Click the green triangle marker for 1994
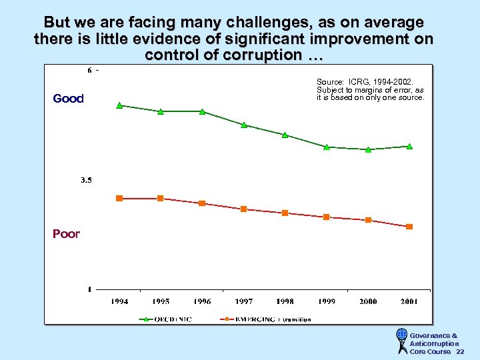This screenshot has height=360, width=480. click(119, 105)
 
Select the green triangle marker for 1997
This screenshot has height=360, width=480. click(244, 125)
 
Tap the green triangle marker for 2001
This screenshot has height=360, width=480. click(409, 146)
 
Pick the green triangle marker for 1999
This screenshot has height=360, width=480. click(327, 147)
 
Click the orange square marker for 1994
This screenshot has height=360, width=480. click(119, 198)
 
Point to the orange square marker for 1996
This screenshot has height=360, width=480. click(202, 203)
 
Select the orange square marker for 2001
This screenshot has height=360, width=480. click(409, 227)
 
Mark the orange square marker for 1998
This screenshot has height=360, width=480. click(285, 213)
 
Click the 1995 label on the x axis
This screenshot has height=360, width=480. click(161, 301)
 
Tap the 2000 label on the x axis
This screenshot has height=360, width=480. click(368, 301)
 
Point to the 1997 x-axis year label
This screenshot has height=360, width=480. click(243, 301)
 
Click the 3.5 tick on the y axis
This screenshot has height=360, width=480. click(87, 180)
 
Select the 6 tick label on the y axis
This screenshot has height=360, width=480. click(89, 70)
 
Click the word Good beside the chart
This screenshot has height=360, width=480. click(68, 99)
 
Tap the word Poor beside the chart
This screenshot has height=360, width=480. click(66, 234)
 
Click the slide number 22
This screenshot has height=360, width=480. click(460, 351)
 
